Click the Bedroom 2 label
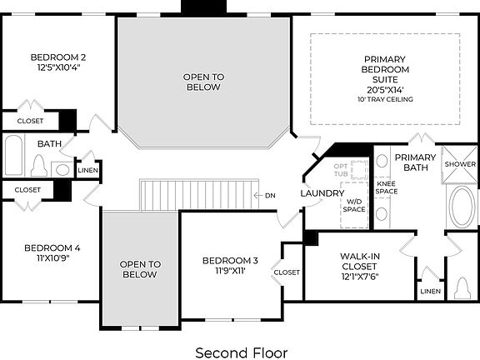click(x=58, y=57)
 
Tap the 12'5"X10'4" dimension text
click(x=58, y=67)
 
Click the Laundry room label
click(x=322, y=193)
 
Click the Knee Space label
click(x=386, y=188)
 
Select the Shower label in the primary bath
click(x=458, y=164)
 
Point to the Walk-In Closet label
click(x=360, y=261)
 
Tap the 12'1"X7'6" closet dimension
click(x=360, y=277)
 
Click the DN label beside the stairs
click(x=270, y=196)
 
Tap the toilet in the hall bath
click(x=37, y=167)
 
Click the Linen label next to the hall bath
click(x=87, y=172)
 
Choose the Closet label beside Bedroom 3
click(x=287, y=272)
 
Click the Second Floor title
click(x=240, y=352)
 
